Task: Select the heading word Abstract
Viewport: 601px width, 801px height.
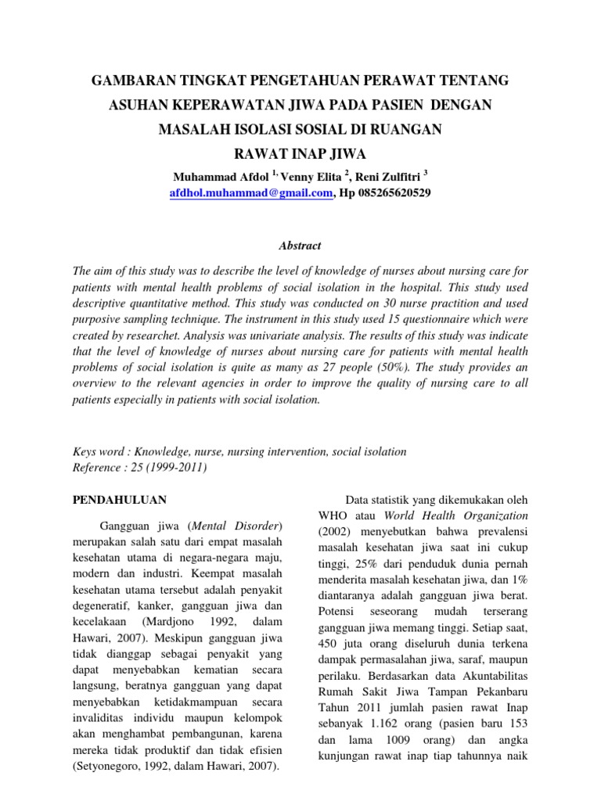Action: point(300,246)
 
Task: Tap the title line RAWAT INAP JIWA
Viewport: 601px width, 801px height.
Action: point(300,152)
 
